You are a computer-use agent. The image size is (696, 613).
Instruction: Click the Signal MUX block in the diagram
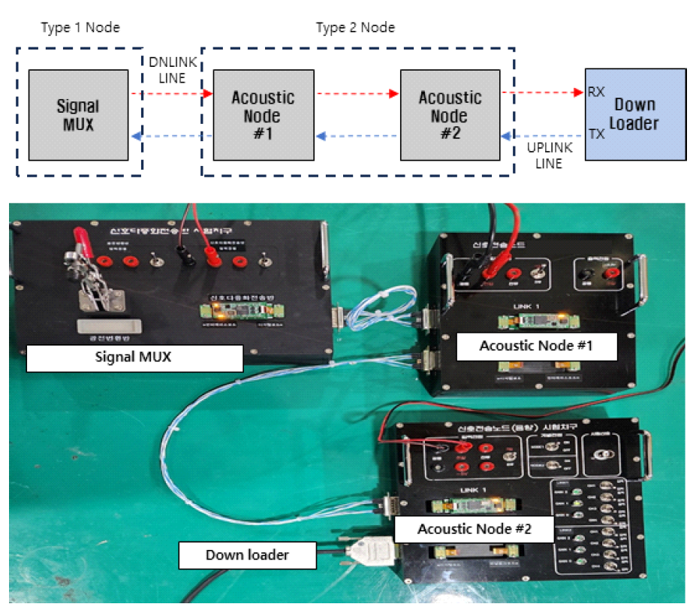77,115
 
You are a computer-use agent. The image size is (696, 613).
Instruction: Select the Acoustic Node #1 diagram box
262,115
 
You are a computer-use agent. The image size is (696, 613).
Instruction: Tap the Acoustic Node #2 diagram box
450,115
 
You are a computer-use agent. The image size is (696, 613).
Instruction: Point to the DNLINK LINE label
172,70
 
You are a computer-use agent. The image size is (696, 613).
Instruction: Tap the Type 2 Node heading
356,28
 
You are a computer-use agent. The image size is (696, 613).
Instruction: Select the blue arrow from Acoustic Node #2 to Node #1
357,137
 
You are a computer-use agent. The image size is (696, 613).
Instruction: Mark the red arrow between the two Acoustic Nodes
357,95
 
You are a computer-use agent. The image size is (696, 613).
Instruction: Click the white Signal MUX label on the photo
134,358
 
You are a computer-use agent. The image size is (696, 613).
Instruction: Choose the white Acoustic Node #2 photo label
474,529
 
